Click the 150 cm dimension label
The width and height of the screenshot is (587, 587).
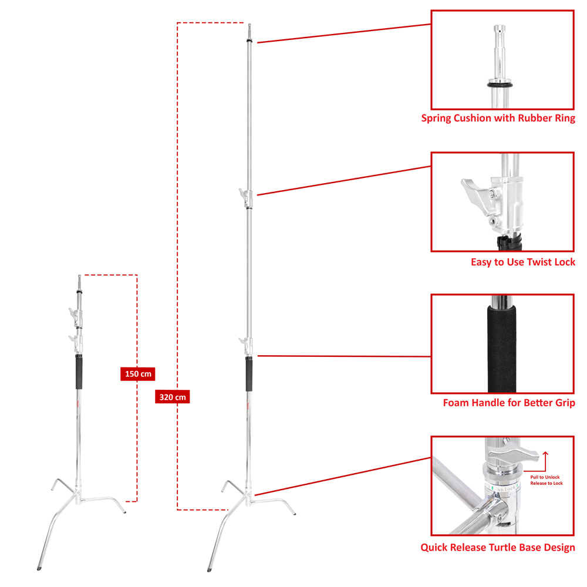(x=138, y=374)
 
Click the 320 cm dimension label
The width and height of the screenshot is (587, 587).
(x=173, y=397)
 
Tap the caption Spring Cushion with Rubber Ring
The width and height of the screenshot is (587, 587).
(x=498, y=118)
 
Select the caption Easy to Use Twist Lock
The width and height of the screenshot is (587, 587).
(x=522, y=262)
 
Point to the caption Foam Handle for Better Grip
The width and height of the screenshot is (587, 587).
(x=508, y=403)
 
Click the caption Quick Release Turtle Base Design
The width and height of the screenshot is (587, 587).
(x=497, y=548)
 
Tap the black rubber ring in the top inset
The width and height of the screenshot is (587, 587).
(x=500, y=85)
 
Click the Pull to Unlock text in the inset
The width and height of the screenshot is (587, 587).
(x=546, y=477)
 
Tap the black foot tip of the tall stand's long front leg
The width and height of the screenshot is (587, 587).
(x=211, y=568)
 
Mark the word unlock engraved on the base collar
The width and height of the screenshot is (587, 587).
(x=506, y=488)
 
